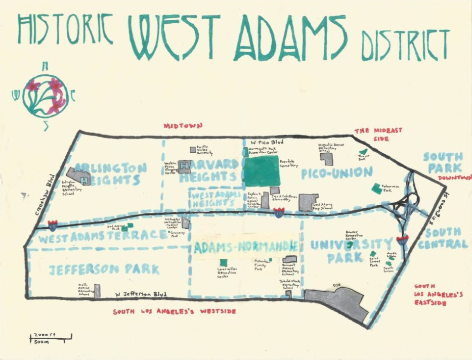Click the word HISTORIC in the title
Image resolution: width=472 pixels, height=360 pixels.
(x=65, y=29)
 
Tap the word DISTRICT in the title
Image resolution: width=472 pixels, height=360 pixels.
(x=405, y=44)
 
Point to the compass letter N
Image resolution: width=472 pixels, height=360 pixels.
(x=45, y=65)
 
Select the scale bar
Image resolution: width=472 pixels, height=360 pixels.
(x=50, y=336)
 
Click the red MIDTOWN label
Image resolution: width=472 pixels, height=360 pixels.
(x=183, y=125)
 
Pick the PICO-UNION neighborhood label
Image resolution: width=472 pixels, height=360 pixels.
(x=336, y=173)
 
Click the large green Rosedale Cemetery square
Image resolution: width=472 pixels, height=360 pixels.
(x=262, y=170)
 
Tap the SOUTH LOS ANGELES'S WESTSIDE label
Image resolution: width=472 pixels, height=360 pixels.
(x=174, y=311)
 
